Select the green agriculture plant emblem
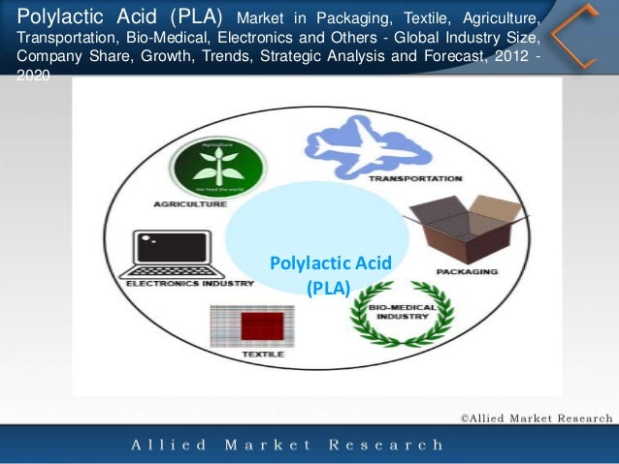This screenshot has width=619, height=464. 217,169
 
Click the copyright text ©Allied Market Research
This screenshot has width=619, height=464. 536,418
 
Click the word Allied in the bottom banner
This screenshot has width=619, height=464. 169,446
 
